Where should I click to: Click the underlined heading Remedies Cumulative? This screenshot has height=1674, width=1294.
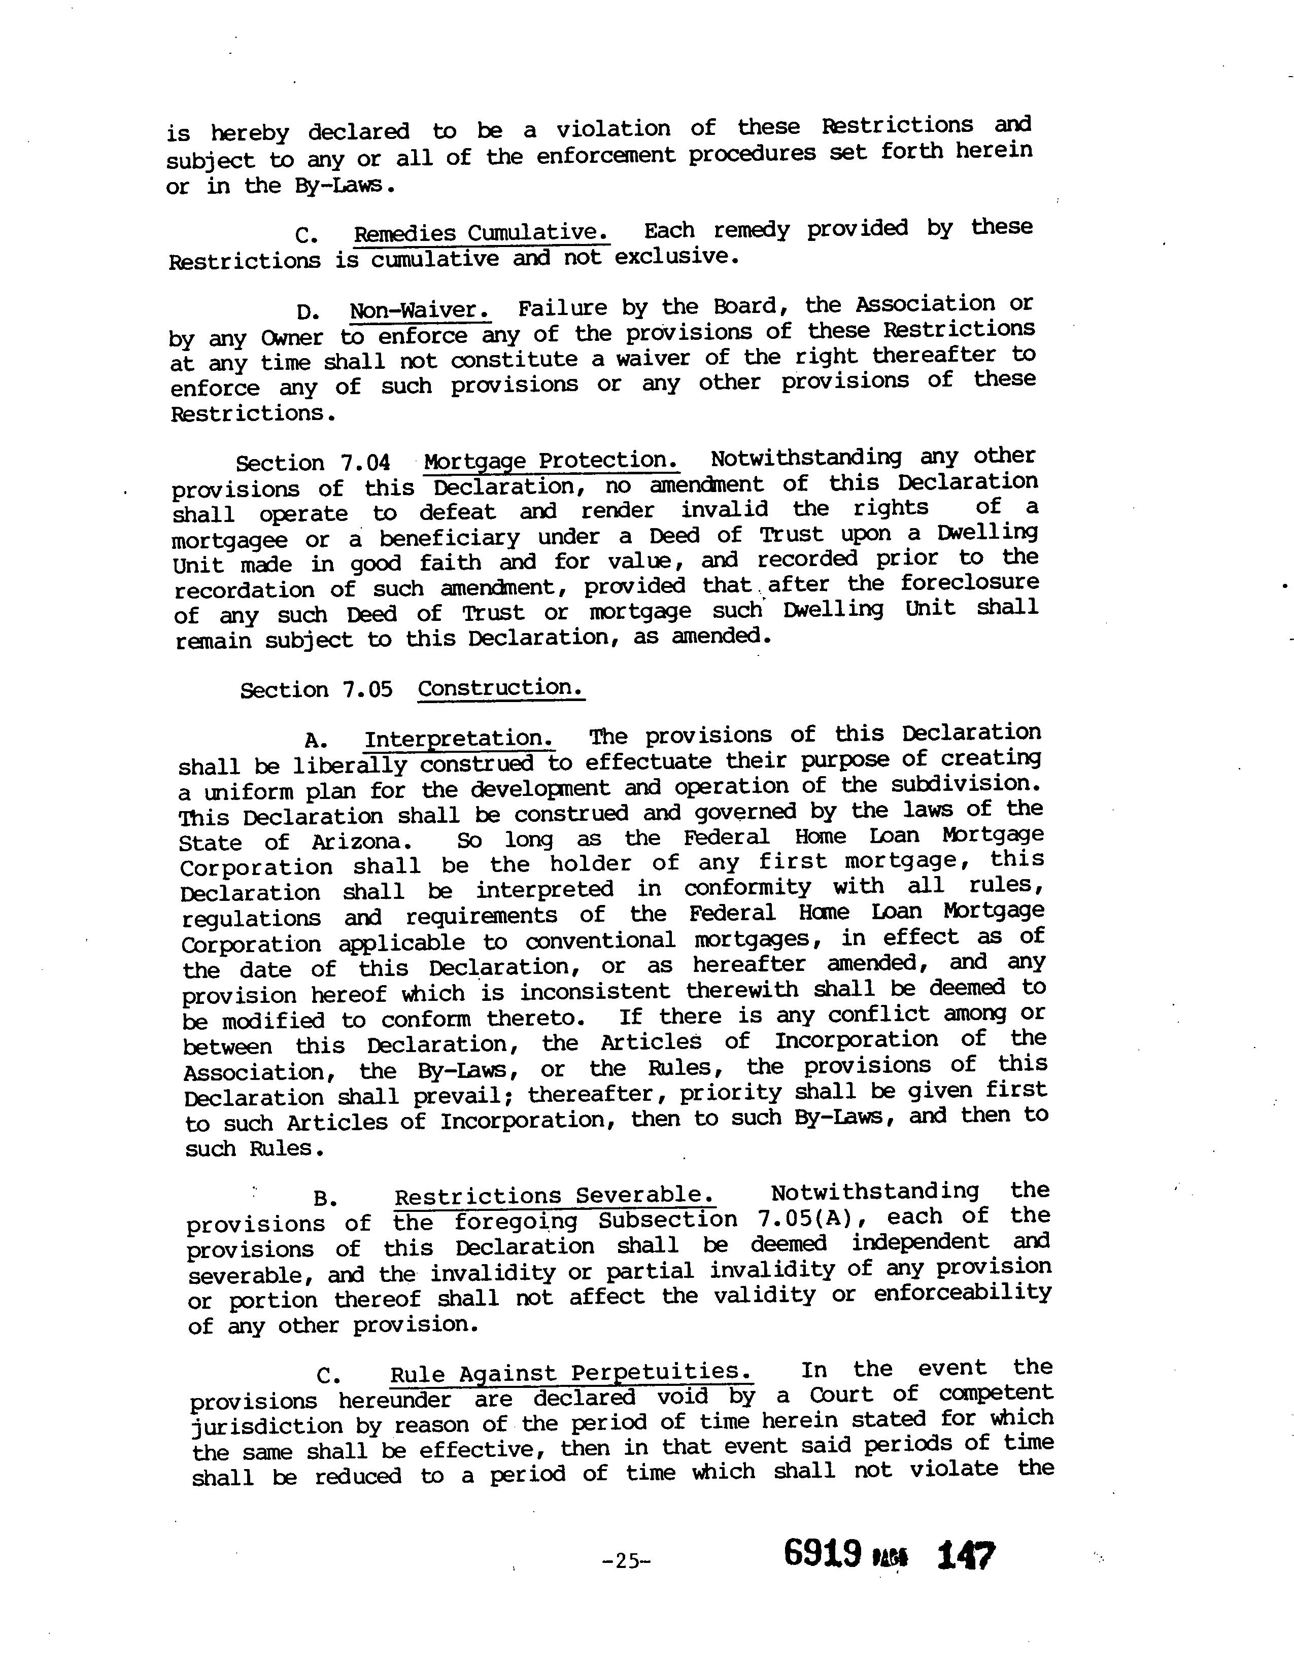[x=482, y=233]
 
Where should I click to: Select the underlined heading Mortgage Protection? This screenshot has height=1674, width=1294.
[x=551, y=461]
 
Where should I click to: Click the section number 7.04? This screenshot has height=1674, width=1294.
[x=365, y=463]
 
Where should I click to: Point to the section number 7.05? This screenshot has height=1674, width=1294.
[x=368, y=690]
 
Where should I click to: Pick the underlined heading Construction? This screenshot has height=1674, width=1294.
[x=500, y=687]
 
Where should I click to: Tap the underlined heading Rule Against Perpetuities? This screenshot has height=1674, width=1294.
[x=571, y=1373]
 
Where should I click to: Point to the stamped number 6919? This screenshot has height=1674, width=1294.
[x=823, y=1554]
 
